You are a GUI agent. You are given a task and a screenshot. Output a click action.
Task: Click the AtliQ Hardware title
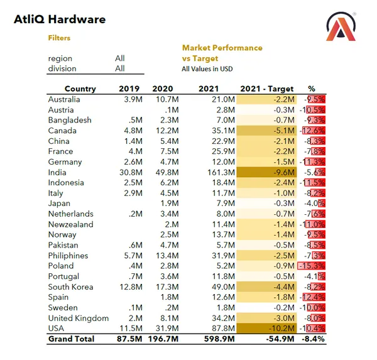click(60, 19)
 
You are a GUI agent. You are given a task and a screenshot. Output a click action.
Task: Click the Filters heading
click(59, 38)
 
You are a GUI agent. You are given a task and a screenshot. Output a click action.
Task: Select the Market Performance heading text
click(222, 48)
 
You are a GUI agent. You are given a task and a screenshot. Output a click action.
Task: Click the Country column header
click(80, 89)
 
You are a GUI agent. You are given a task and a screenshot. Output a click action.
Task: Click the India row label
click(57, 172)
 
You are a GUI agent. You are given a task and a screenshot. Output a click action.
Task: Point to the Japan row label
click(59, 204)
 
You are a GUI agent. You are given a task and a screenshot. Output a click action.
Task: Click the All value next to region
click(119, 58)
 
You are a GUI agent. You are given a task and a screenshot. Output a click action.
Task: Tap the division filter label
click(62, 68)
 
